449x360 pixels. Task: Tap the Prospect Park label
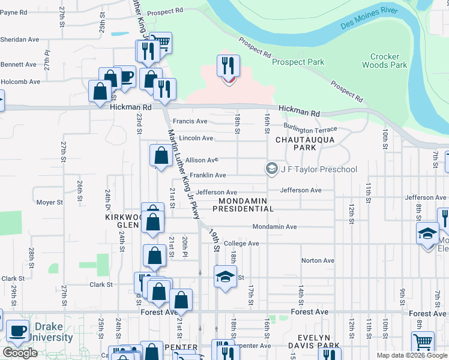coord(298,62)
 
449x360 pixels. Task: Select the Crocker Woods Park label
coord(384,61)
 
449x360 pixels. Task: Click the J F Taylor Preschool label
coord(318,169)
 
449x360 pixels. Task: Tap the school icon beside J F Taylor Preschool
coord(272,169)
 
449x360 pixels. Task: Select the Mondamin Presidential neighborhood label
coord(246,205)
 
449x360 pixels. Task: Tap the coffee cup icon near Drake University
coord(17,331)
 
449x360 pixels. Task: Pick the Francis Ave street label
coord(190,121)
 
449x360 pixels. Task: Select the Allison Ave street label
coord(202,160)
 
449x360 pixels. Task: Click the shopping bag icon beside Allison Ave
coord(161,155)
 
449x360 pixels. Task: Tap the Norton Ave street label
coord(318,260)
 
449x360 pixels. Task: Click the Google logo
coord(20,353)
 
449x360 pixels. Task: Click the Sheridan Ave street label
coord(20,40)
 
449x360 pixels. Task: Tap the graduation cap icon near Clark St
coord(225,277)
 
